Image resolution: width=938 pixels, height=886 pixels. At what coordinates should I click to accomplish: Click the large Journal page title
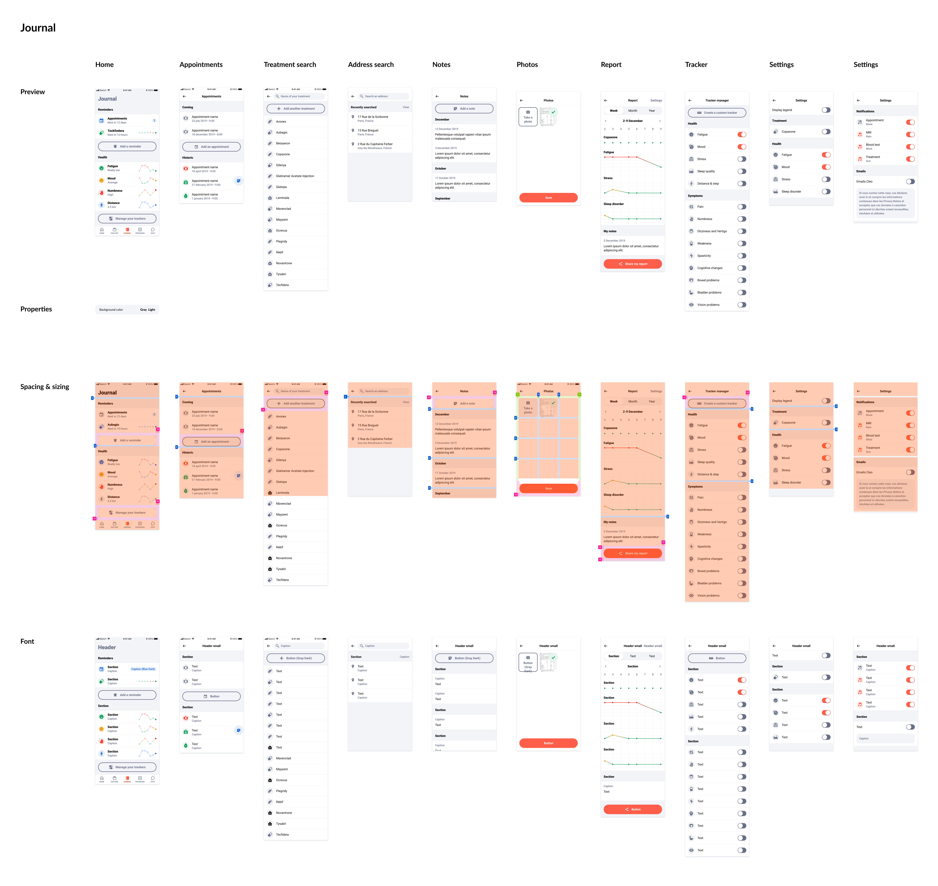pos(38,28)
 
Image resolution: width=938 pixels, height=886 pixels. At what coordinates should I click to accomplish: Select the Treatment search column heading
pos(290,65)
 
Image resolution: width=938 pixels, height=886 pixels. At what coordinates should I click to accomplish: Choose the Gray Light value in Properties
pos(147,310)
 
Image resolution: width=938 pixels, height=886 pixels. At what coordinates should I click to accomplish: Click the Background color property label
pos(111,310)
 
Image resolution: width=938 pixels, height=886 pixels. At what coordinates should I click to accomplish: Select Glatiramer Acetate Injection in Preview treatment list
pos(295,176)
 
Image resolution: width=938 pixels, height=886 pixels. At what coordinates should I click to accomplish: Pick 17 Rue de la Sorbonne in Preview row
pos(373,117)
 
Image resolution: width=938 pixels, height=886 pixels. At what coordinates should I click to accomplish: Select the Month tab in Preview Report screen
pos(632,110)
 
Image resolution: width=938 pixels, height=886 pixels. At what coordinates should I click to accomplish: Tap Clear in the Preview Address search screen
pos(406,107)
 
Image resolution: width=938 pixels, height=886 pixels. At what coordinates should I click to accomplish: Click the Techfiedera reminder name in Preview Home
pos(116,131)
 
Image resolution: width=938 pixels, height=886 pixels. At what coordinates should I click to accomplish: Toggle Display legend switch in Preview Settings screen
pos(826,110)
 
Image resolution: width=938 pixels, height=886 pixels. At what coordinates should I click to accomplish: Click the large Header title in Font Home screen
pos(107,647)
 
